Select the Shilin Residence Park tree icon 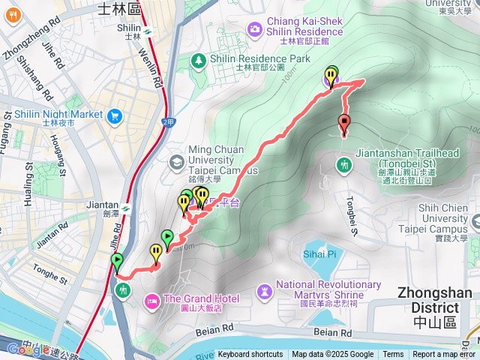(199, 59)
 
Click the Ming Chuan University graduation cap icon (176, 161)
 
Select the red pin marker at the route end (344, 124)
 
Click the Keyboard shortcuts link (250, 355)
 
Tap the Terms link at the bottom (393, 355)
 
